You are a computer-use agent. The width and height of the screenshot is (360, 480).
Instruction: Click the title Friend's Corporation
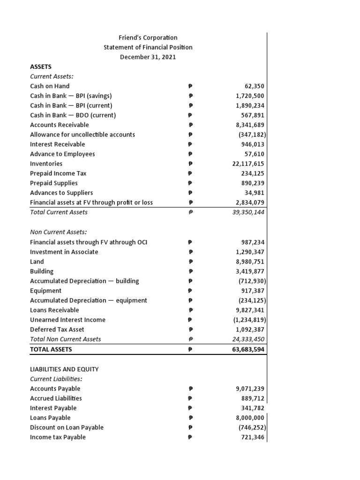(148, 37)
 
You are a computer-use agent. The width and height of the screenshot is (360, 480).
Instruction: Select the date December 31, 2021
(148, 57)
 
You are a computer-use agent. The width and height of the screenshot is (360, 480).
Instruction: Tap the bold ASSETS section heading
(41, 67)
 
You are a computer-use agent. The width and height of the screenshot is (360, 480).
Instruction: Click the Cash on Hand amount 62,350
(255, 86)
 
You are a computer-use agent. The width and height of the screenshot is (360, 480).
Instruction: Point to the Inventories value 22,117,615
(247, 164)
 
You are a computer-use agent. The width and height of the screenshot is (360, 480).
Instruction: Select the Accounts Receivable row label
(59, 125)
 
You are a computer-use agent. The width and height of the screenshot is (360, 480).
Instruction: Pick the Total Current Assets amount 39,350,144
(246, 212)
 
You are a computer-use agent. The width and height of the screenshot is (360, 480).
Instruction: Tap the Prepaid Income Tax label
(58, 173)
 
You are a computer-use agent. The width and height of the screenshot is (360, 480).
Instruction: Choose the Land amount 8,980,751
(248, 262)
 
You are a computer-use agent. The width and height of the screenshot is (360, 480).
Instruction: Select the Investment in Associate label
(64, 252)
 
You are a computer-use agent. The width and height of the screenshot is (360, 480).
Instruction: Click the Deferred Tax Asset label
(57, 330)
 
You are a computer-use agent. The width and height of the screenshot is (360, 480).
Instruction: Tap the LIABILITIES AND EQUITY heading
(64, 369)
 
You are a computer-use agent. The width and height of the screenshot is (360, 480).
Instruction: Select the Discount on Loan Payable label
(67, 427)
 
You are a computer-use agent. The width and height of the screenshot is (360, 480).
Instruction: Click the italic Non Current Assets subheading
(59, 232)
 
